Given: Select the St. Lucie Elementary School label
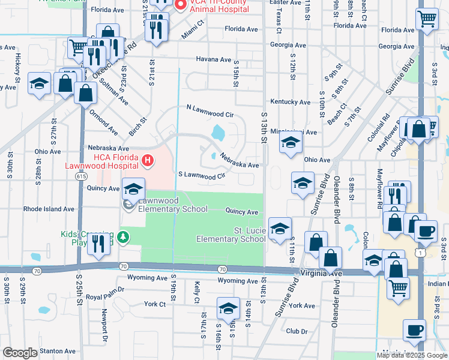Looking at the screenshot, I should (231, 235).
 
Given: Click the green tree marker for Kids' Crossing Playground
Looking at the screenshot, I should (123, 237).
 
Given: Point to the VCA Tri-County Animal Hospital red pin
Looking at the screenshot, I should (179, 4).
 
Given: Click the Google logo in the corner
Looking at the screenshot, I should (20, 353).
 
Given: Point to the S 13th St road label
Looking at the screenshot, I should (264, 127).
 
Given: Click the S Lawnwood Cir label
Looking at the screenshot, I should (202, 175).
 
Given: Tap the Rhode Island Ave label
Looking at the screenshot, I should (49, 209).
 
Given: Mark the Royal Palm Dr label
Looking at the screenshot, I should (105, 296).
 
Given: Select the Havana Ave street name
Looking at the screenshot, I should (213, 59).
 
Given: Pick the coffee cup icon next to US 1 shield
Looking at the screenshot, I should (426, 231).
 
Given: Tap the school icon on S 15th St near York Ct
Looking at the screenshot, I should (228, 308).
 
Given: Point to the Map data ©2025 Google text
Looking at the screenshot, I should (412, 355).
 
